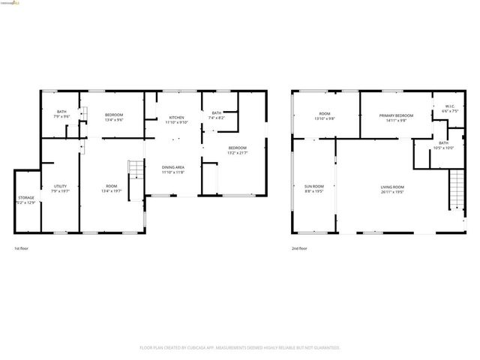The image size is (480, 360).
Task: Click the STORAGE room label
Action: [x=26, y=198]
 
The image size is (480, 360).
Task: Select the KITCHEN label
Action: [x=177, y=118]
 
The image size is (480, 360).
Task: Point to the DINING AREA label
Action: [x=173, y=168]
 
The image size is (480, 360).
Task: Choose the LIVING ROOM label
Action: [x=391, y=187]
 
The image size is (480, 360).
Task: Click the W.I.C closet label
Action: [x=448, y=106]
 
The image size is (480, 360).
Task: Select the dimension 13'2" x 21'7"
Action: [x=237, y=153]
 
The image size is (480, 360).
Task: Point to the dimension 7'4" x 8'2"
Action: [x=217, y=118]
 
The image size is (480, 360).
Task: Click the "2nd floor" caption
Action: [x=299, y=248]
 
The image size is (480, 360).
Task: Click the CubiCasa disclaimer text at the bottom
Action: [x=240, y=348]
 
